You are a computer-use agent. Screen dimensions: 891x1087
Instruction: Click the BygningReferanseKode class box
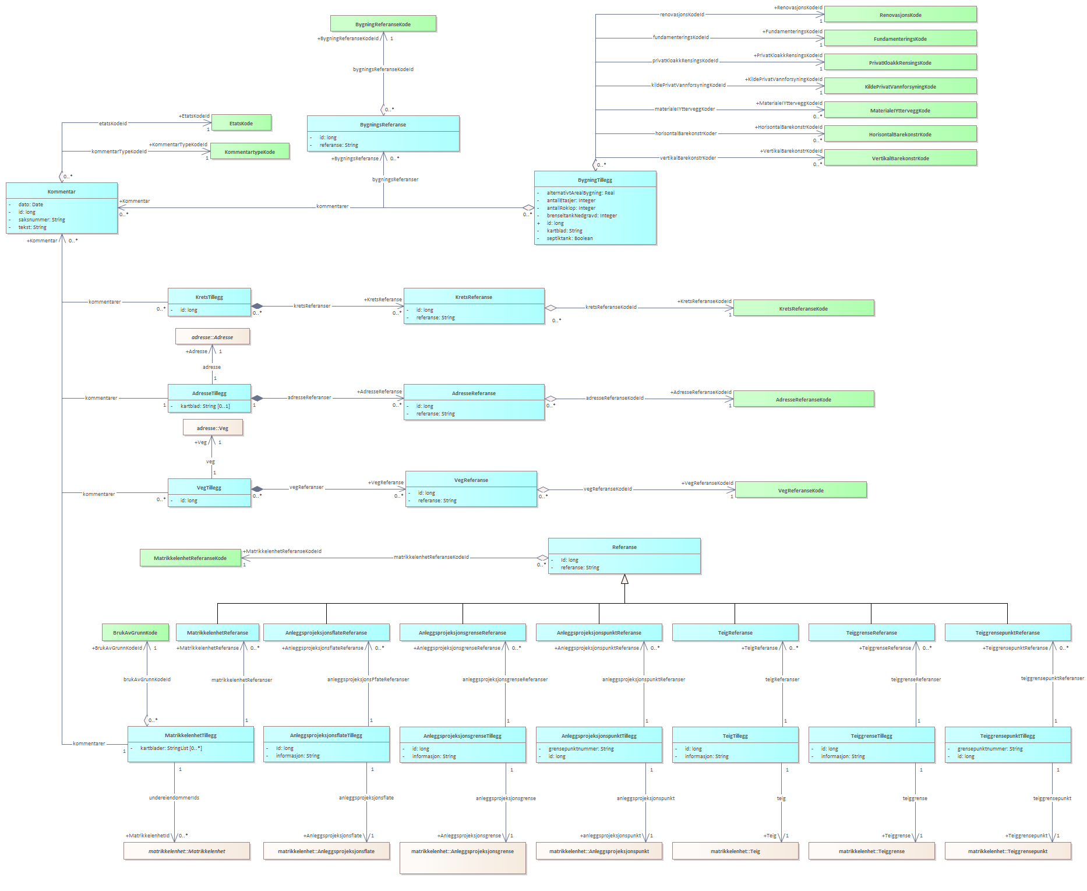point(383,24)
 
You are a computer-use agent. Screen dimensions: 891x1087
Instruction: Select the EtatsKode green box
point(241,123)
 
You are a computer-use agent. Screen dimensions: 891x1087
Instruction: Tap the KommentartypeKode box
point(249,152)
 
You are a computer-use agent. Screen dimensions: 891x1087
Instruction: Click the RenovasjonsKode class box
point(900,15)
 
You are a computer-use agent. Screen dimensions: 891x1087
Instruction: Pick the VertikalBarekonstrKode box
point(900,158)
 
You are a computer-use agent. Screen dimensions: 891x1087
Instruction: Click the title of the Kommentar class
point(62,191)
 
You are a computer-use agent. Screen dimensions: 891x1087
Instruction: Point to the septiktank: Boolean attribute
point(570,238)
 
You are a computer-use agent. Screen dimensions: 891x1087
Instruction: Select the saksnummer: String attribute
point(42,220)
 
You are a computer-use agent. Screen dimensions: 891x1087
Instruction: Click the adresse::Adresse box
point(213,337)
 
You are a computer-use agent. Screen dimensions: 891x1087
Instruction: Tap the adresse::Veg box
point(213,428)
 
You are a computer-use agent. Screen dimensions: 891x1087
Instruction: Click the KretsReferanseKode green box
point(803,308)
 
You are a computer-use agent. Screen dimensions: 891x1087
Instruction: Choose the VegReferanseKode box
point(801,490)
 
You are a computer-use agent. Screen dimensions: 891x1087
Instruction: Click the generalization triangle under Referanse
point(624,579)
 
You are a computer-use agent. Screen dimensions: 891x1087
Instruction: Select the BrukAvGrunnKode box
point(135,632)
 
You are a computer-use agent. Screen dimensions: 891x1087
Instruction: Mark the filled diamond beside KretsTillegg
point(257,306)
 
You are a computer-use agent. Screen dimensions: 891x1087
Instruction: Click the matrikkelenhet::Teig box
point(735,851)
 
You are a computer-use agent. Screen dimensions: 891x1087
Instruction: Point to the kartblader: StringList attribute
point(171,748)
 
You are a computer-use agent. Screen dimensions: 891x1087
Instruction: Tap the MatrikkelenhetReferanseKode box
point(190,558)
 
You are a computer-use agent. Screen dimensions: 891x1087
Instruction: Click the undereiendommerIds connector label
point(174,798)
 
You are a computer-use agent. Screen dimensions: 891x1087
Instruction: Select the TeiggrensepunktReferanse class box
point(1007,632)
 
